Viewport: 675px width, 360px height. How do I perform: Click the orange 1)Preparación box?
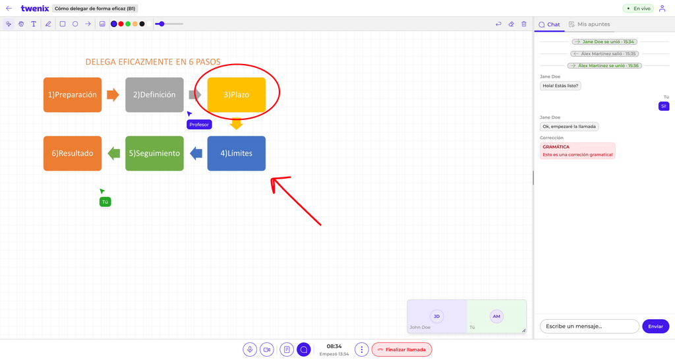73,95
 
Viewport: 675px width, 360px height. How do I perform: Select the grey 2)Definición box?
154,95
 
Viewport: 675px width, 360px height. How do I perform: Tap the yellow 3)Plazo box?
237,95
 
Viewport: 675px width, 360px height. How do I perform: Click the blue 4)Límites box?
237,154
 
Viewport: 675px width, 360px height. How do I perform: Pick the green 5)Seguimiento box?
154,154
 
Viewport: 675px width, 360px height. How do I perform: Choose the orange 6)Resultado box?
73,154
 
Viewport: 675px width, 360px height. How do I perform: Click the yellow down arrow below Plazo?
237,123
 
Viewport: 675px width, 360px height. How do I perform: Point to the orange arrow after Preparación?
113,95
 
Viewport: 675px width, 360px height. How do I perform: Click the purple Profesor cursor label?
199,125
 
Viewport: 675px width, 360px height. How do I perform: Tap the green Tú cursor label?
105,202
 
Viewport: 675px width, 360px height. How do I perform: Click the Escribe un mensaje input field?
589,326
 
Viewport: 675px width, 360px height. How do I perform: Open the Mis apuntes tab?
589,24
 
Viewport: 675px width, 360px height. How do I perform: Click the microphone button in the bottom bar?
250,349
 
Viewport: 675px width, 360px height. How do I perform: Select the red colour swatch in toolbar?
121,24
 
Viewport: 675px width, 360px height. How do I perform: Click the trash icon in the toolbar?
524,24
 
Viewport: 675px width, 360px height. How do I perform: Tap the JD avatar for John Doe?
436,316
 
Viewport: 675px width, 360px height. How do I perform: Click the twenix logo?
35,8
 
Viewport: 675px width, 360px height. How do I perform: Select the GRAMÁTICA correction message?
577,151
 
